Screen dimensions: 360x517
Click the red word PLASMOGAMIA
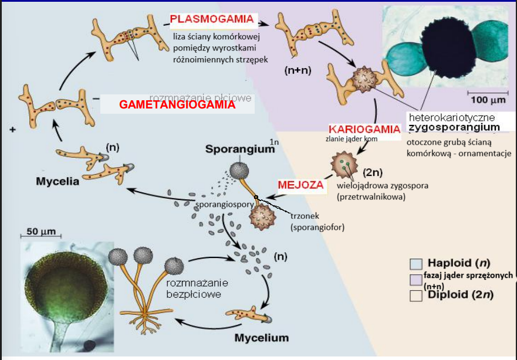(212, 19)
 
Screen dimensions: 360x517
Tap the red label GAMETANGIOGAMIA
(177, 105)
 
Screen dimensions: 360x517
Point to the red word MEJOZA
(300, 185)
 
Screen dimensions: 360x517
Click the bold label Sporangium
(239, 149)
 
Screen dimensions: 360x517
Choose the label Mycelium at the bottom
(262, 338)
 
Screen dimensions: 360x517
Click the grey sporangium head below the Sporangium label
(239, 171)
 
